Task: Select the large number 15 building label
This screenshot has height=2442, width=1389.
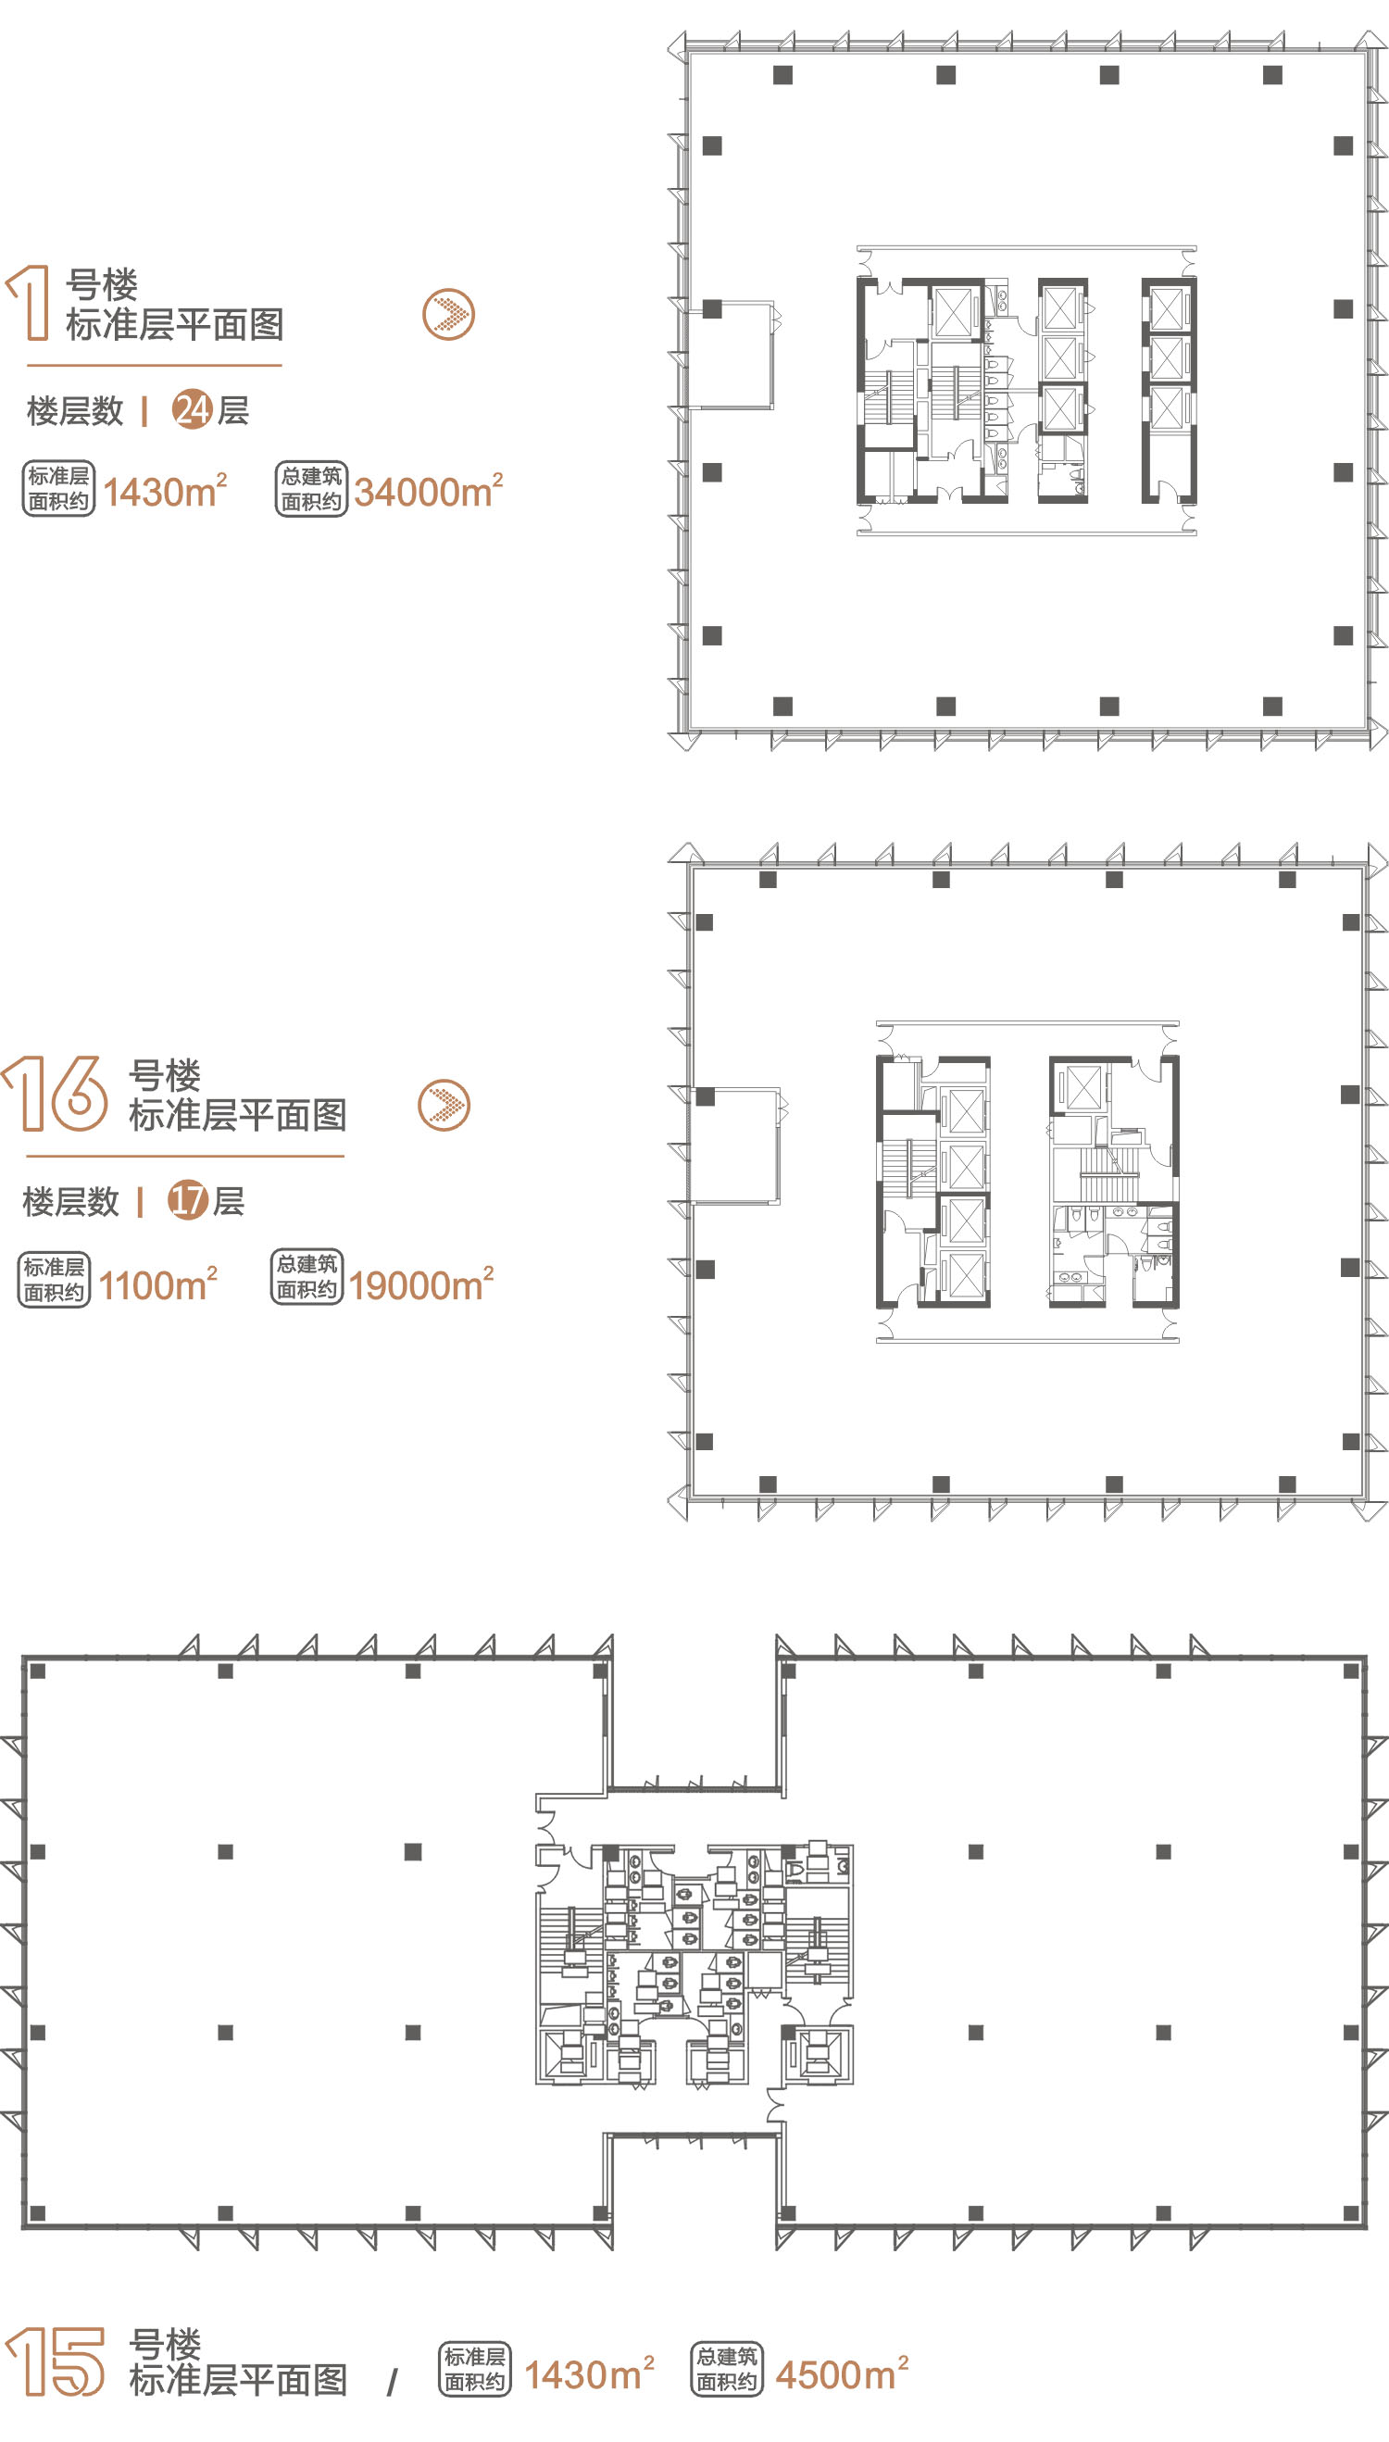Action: pos(56,2360)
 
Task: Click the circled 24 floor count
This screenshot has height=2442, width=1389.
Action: pos(192,410)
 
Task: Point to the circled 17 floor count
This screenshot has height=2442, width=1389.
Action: pos(187,1200)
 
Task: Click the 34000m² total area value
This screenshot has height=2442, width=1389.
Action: pos(429,490)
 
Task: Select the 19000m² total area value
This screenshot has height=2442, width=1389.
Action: pos(421,1284)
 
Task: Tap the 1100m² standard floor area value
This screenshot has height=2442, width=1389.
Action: pos(158,1284)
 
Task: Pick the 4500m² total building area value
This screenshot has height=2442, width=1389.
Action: pos(842,2373)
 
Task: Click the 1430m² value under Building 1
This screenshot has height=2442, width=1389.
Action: pos(165,490)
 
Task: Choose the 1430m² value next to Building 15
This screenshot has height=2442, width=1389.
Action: pos(590,2373)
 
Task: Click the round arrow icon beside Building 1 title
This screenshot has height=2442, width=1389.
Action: pos(448,314)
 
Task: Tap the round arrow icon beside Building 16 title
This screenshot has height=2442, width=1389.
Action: pos(444,1105)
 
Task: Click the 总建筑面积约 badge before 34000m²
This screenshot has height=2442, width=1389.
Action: pos(312,489)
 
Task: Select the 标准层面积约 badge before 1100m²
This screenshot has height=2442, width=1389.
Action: pos(55,1279)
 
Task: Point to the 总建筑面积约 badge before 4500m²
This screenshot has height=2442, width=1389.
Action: pos(727,2369)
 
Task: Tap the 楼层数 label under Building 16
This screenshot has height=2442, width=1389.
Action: pos(70,1201)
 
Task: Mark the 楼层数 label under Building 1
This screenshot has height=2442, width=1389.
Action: pos(75,411)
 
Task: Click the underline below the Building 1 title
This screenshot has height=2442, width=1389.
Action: pos(155,364)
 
